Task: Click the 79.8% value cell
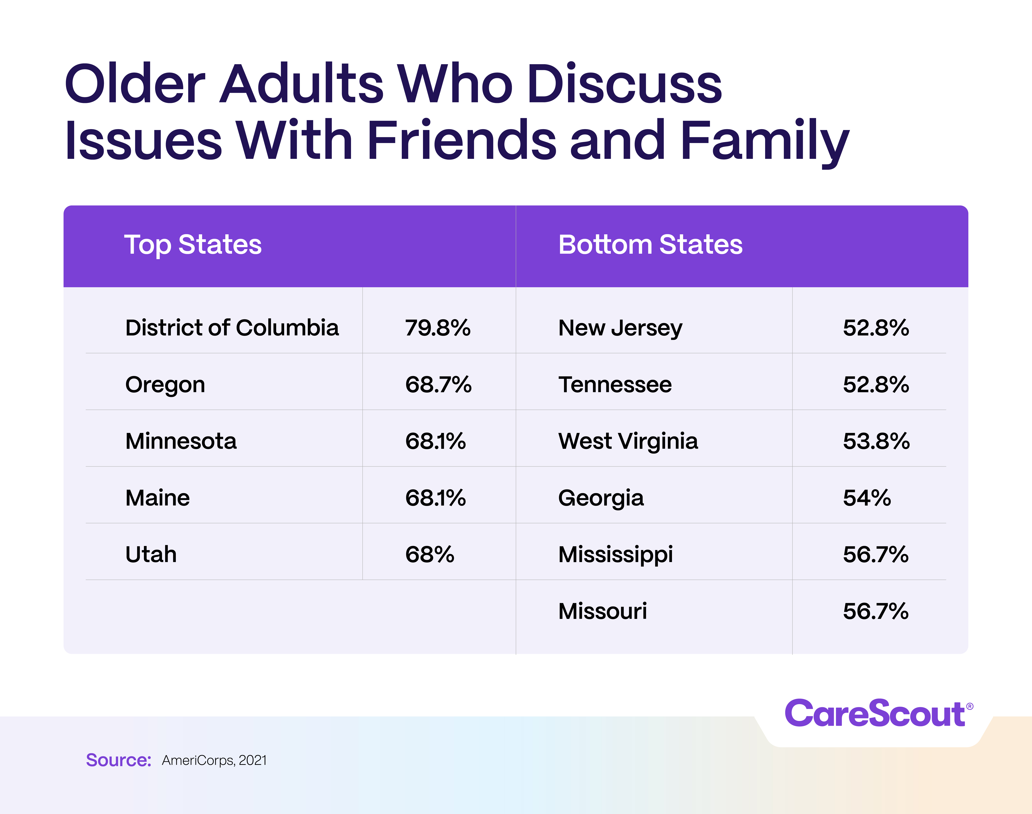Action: [x=437, y=328]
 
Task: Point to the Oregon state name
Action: [x=165, y=385]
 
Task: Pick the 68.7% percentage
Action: [x=438, y=385]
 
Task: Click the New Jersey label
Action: [x=620, y=328]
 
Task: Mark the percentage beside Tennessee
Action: [x=875, y=385]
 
